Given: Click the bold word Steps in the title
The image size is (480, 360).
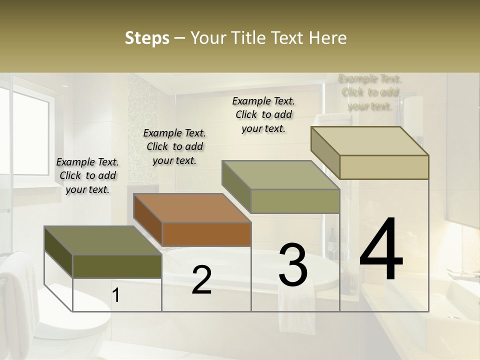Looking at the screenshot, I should click(147, 38).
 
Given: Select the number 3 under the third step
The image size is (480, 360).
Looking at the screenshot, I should click(293, 265).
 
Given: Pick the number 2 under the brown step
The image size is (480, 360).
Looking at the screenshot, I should click(201, 280).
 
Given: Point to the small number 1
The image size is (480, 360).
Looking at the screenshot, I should click(115, 295).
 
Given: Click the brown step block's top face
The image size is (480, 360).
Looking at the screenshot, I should click(192, 207).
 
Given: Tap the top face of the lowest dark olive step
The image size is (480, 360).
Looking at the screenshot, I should click(102, 240).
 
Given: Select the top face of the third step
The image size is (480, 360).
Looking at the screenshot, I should click(280, 175).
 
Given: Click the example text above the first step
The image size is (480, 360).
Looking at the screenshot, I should click(87, 175).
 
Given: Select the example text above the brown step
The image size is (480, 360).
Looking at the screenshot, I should click(174, 146).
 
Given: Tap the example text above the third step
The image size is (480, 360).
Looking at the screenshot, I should click(263, 114).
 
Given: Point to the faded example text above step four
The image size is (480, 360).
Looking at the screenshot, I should click(370, 92).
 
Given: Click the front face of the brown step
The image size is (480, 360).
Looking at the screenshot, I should click(206, 234).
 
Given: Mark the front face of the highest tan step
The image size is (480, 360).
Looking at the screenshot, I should click(384, 167).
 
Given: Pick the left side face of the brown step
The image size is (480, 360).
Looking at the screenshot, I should click(148, 218).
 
